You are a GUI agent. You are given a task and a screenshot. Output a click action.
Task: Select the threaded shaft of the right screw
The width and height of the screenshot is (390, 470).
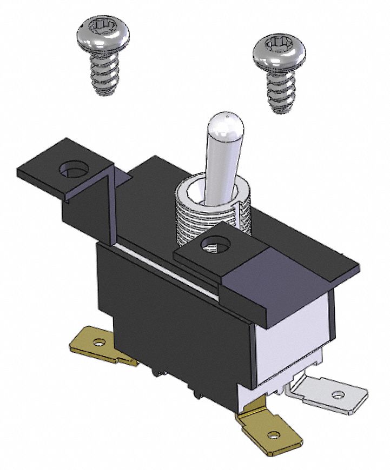click(281, 92)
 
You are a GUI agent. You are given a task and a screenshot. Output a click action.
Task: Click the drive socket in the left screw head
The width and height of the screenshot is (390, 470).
click(103, 26)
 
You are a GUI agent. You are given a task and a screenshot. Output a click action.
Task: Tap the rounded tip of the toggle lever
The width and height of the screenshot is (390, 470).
click(226, 122)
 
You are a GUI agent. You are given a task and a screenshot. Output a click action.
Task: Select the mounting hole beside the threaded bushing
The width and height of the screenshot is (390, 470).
click(213, 246)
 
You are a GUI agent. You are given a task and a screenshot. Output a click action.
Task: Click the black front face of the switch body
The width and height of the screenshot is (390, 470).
click(173, 313)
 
